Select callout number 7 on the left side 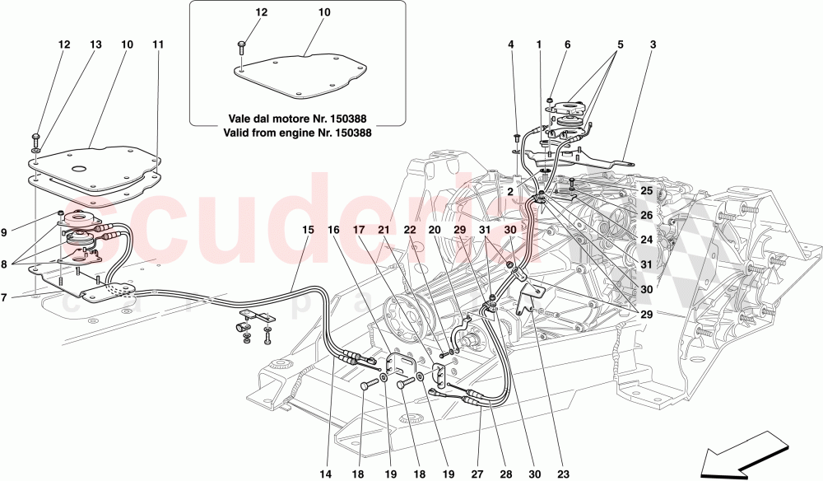point(6,297)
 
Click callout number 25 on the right point(646,190)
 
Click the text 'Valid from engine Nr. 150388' point(296,131)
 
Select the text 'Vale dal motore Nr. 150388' point(296,115)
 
